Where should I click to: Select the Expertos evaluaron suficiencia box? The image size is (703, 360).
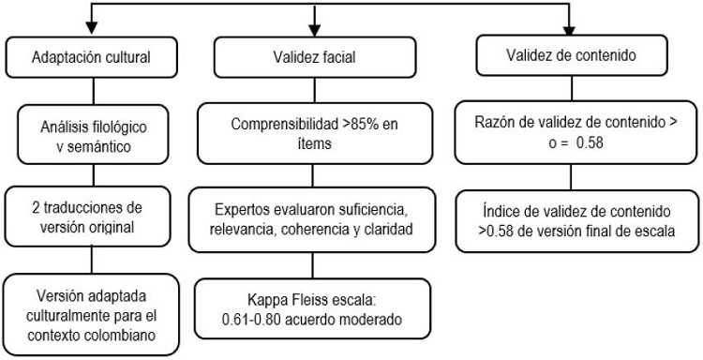pos(314,214)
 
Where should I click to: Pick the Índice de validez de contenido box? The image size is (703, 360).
pos(568,222)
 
